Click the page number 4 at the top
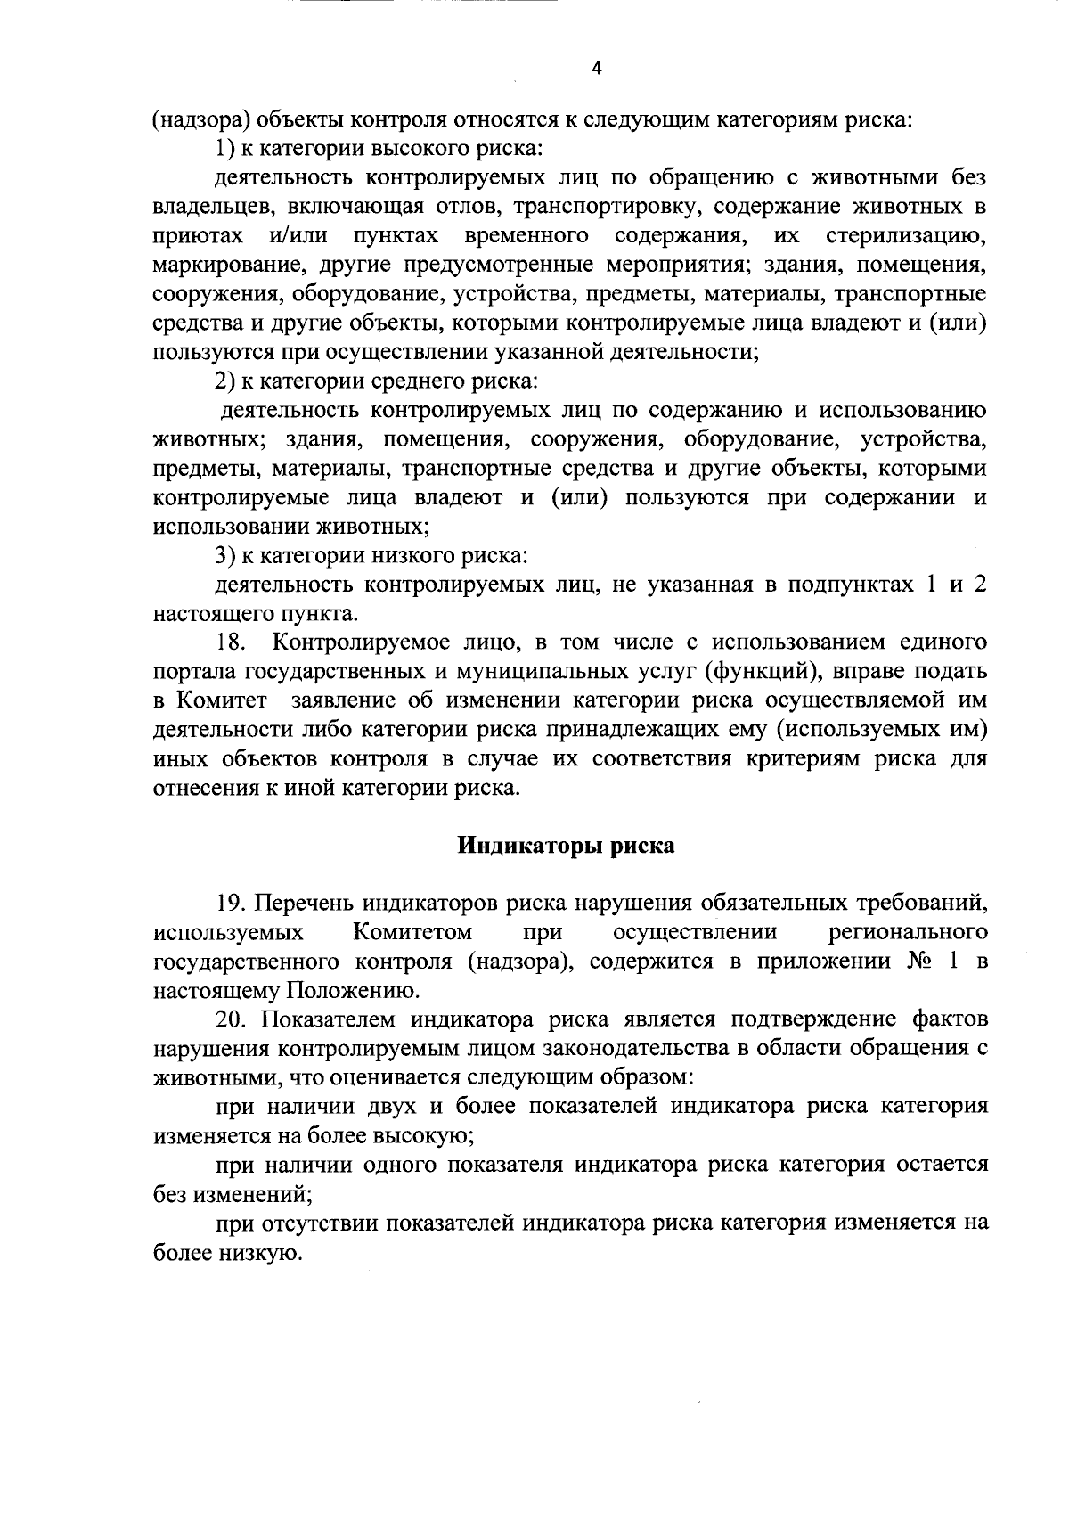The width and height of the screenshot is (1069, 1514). click(x=596, y=68)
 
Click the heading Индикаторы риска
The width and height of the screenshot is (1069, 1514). click(x=566, y=845)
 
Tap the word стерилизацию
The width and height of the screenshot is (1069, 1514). click(x=906, y=236)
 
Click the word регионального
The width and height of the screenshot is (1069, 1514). click(x=908, y=932)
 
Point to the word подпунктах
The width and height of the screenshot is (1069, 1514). click(x=842, y=585)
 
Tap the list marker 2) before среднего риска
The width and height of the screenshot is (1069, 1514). click(x=224, y=381)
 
